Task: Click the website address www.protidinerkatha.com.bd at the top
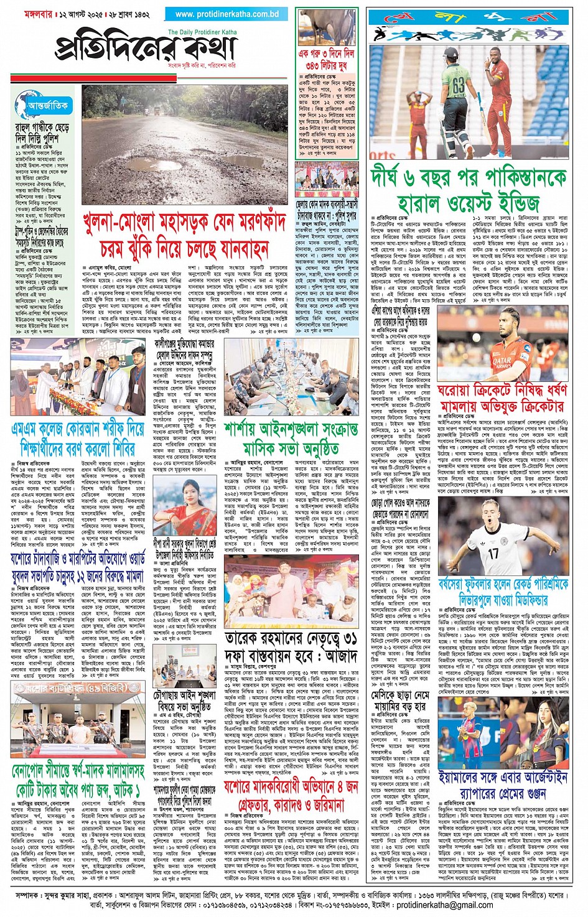[227, 14]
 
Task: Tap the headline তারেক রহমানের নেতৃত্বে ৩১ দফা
[291, 647]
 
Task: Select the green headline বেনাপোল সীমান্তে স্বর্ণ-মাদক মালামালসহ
[78, 781]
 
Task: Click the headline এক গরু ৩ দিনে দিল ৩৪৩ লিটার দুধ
[326, 60]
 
